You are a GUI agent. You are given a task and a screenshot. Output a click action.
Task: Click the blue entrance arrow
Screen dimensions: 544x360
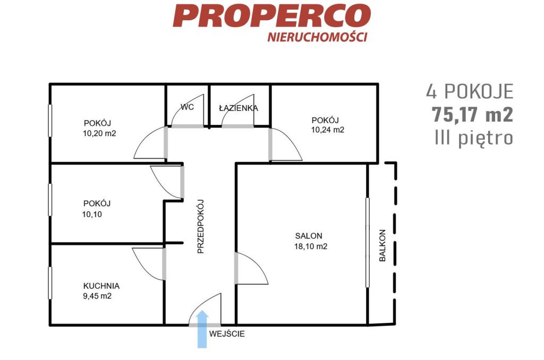[x=202, y=329]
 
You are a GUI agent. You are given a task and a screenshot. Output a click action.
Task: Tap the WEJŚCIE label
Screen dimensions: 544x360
[x=227, y=333]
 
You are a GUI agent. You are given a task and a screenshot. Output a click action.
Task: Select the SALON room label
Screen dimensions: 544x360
[x=309, y=236]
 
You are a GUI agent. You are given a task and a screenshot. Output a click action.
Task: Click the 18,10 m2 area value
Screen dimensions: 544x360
[x=311, y=246]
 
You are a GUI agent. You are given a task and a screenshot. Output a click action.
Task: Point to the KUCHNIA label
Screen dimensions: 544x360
[x=101, y=286]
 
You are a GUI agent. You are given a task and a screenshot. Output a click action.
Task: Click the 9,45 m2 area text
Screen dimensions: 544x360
[x=98, y=296]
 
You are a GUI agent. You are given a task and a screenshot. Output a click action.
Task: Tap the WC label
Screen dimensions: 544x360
[x=188, y=107]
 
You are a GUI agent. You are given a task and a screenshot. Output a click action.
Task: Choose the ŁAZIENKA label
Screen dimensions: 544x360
[x=239, y=108]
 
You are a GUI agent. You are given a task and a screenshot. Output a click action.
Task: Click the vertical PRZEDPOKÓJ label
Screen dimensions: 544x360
[x=200, y=227]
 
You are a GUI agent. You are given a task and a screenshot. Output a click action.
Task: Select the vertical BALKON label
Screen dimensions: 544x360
[x=382, y=245]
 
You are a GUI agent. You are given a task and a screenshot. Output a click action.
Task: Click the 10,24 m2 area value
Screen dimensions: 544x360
[x=328, y=130]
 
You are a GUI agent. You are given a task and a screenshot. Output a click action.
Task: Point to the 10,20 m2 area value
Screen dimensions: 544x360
[x=99, y=133]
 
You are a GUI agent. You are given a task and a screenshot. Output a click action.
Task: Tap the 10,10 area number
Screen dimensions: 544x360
[x=92, y=215]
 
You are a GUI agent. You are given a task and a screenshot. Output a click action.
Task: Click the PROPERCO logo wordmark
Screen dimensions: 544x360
[x=271, y=15]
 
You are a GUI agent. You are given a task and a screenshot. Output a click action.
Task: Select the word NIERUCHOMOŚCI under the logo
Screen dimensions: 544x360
[x=317, y=37]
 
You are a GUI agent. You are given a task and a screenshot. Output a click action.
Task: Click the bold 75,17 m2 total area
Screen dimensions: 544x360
[x=472, y=114]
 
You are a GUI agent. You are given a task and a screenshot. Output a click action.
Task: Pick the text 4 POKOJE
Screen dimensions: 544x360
[x=470, y=91]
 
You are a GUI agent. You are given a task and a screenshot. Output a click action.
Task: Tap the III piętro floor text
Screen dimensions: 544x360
[x=474, y=138]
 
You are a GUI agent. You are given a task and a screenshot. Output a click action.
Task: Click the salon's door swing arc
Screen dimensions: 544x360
[x=257, y=264]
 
